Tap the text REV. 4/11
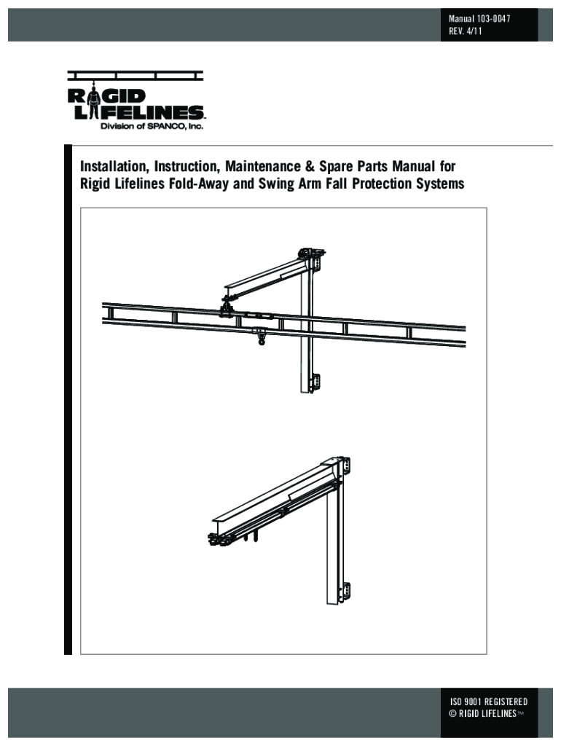466,32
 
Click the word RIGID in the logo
106,97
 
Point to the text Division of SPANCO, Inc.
151,126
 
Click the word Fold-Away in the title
198,184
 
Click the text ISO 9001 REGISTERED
489,702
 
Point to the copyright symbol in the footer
452,713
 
